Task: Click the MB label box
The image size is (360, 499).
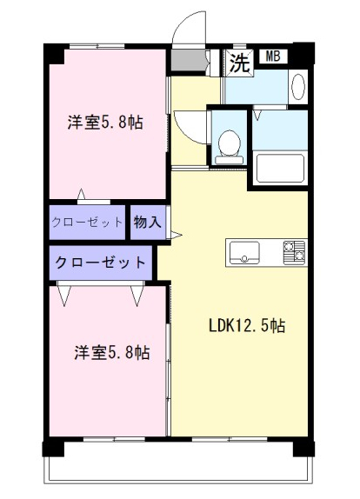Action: (x=273, y=57)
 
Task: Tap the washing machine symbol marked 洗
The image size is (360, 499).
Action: (x=239, y=63)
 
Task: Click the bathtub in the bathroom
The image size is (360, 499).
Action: (x=280, y=169)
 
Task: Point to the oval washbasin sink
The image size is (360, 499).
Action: (x=298, y=87)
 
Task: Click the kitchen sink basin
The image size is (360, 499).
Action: (x=244, y=252)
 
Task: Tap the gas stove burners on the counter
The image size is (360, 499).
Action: (x=294, y=253)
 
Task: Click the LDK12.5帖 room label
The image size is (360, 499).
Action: (x=247, y=325)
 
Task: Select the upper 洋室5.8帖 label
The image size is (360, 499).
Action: (x=105, y=123)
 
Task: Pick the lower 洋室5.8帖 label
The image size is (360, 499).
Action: (x=112, y=352)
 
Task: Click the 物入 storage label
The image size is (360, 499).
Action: (x=147, y=222)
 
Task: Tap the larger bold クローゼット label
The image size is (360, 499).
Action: (x=100, y=263)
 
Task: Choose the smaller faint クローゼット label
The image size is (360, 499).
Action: (x=87, y=222)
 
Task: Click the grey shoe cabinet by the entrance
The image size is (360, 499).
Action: (x=189, y=60)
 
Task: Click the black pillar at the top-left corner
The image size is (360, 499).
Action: (x=54, y=54)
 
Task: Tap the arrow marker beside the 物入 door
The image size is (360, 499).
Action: (x=177, y=236)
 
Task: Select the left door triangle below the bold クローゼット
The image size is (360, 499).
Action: (x=64, y=296)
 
